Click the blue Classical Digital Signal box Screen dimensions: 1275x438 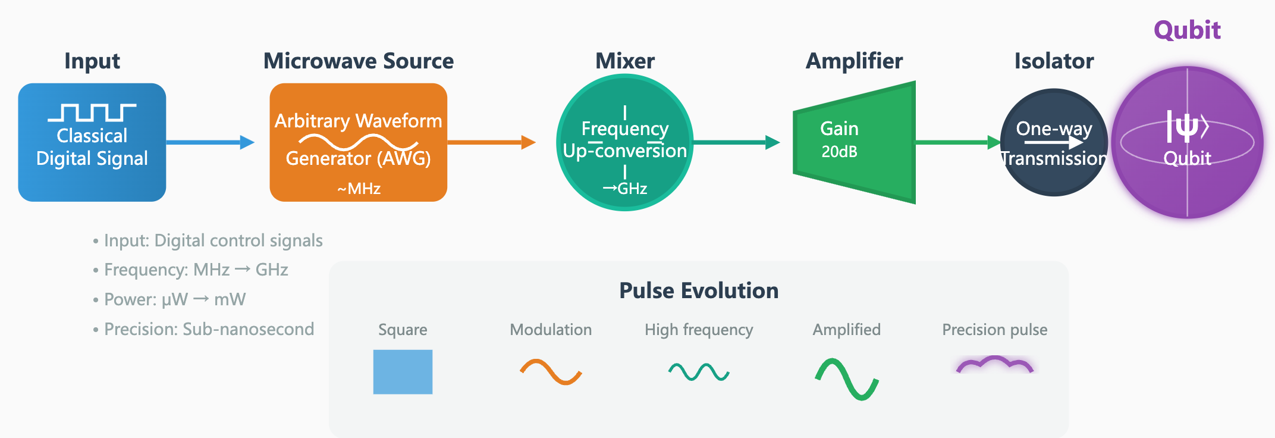click(x=92, y=142)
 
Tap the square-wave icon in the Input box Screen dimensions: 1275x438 click(x=92, y=112)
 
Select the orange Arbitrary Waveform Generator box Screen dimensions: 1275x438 click(x=359, y=142)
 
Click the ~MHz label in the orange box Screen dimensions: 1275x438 click(x=359, y=189)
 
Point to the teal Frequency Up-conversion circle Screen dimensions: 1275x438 click(x=625, y=142)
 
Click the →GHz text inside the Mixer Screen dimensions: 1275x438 click(x=625, y=189)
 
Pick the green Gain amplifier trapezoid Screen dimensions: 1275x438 click(x=855, y=142)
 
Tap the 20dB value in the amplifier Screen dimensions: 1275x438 click(x=840, y=152)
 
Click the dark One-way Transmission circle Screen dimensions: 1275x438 click(x=1054, y=142)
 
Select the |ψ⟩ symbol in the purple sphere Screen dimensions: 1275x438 click(x=1188, y=126)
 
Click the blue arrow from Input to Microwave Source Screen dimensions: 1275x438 click(x=211, y=142)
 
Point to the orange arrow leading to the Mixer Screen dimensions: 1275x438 click(x=492, y=142)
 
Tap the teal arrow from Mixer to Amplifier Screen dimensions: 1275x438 click(x=737, y=142)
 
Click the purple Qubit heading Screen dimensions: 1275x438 click(x=1187, y=30)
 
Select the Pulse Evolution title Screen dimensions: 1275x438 click(x=699, y=290)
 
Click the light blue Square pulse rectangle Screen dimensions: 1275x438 click(x=403, y=372)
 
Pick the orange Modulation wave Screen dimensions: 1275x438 click(x=551, y=372)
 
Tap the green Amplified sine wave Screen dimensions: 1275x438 click(x=847, y=379)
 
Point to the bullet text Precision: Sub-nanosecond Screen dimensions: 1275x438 click(x=209, y=329)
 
